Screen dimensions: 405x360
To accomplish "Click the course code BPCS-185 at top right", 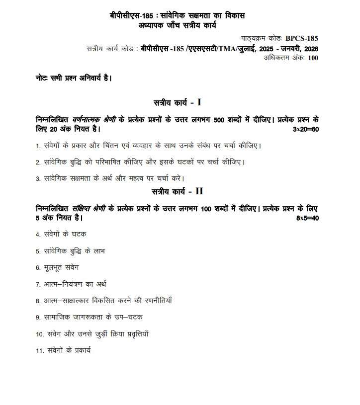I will coord(302,38).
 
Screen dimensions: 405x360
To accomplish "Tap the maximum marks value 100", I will coord(313,58).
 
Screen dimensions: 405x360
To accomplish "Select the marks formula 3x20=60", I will coord(305,130).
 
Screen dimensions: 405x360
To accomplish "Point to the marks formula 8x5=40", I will coord(307,218).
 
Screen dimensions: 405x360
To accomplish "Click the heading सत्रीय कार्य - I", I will coord(177,103).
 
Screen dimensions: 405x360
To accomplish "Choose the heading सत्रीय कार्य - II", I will coord(177,191).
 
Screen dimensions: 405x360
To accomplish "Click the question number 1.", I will coord(37,146).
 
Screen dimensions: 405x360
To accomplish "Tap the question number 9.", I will coord(37,317).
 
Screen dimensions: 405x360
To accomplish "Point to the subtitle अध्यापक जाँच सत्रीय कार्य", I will coord(177,25).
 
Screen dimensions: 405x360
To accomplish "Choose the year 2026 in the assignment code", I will coord(309,49).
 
